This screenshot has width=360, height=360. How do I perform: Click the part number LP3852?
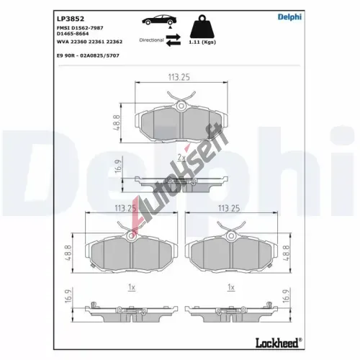[x=71, y=19]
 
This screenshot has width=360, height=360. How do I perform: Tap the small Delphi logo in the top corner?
[x=289, y=17]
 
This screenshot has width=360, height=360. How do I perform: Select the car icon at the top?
[x=159, y=20]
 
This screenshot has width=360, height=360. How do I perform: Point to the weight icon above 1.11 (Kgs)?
[x=202, y=27]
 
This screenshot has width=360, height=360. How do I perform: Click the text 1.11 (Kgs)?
[x=202, y=42]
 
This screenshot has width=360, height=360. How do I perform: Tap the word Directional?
[x=151, y=40]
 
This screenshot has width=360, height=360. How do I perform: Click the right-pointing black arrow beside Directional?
[x=173, y=37]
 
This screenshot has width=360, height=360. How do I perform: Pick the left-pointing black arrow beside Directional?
[x=173, y=43]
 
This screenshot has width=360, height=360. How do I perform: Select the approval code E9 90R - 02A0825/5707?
[x=88, y=55]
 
